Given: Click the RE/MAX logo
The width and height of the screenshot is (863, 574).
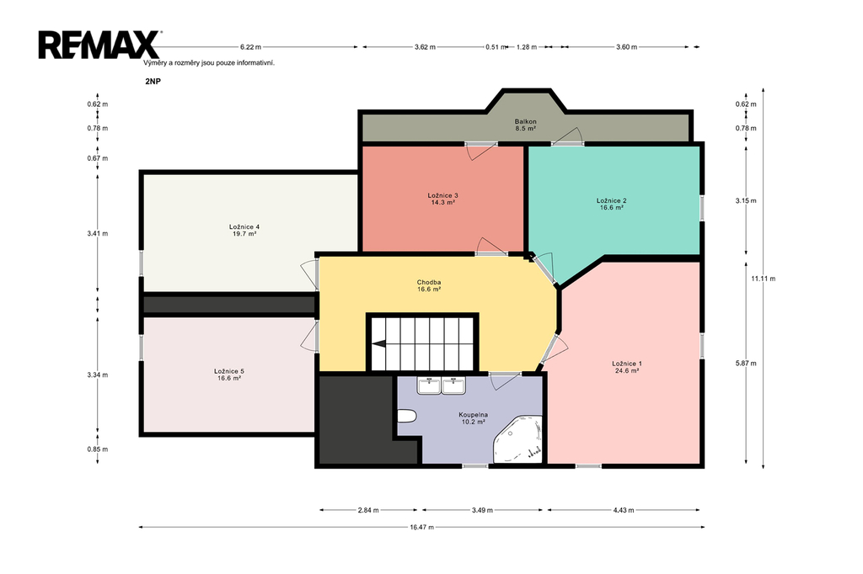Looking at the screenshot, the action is (99, 45).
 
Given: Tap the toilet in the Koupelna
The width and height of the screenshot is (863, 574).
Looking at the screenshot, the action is (405, 417).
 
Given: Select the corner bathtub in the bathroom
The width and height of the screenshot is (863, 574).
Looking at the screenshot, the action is (517, 439).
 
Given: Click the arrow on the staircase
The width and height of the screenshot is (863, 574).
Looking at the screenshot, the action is (379, 344).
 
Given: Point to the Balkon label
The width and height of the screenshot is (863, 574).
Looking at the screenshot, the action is (526, 121).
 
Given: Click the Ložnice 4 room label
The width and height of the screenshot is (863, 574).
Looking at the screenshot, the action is (244, 226).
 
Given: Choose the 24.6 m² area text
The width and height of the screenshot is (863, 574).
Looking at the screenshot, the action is (627, 370).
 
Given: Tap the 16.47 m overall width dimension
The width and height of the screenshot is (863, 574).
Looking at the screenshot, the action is (421, 527).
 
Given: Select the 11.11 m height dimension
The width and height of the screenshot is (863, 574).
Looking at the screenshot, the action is (764, 279).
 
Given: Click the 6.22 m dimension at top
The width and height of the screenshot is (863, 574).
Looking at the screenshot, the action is (250, 47).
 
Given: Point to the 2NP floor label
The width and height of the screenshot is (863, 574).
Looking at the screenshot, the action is (153, 82).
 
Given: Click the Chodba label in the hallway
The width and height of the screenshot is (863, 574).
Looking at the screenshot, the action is (429, 283).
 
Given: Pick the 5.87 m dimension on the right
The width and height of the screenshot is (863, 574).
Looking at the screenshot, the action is (746, 363).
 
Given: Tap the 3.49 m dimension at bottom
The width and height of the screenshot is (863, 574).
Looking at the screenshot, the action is (482, 510).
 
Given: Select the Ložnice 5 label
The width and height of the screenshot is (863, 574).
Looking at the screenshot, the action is (229, 371).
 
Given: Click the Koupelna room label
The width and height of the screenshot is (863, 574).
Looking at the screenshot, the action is (474, 415).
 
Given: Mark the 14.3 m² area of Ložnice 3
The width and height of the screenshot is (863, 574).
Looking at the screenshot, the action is (443, 202).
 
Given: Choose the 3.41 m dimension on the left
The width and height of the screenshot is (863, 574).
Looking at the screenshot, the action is (98, 233).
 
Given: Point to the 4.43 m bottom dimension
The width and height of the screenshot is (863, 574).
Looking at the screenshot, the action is (624, 510).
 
